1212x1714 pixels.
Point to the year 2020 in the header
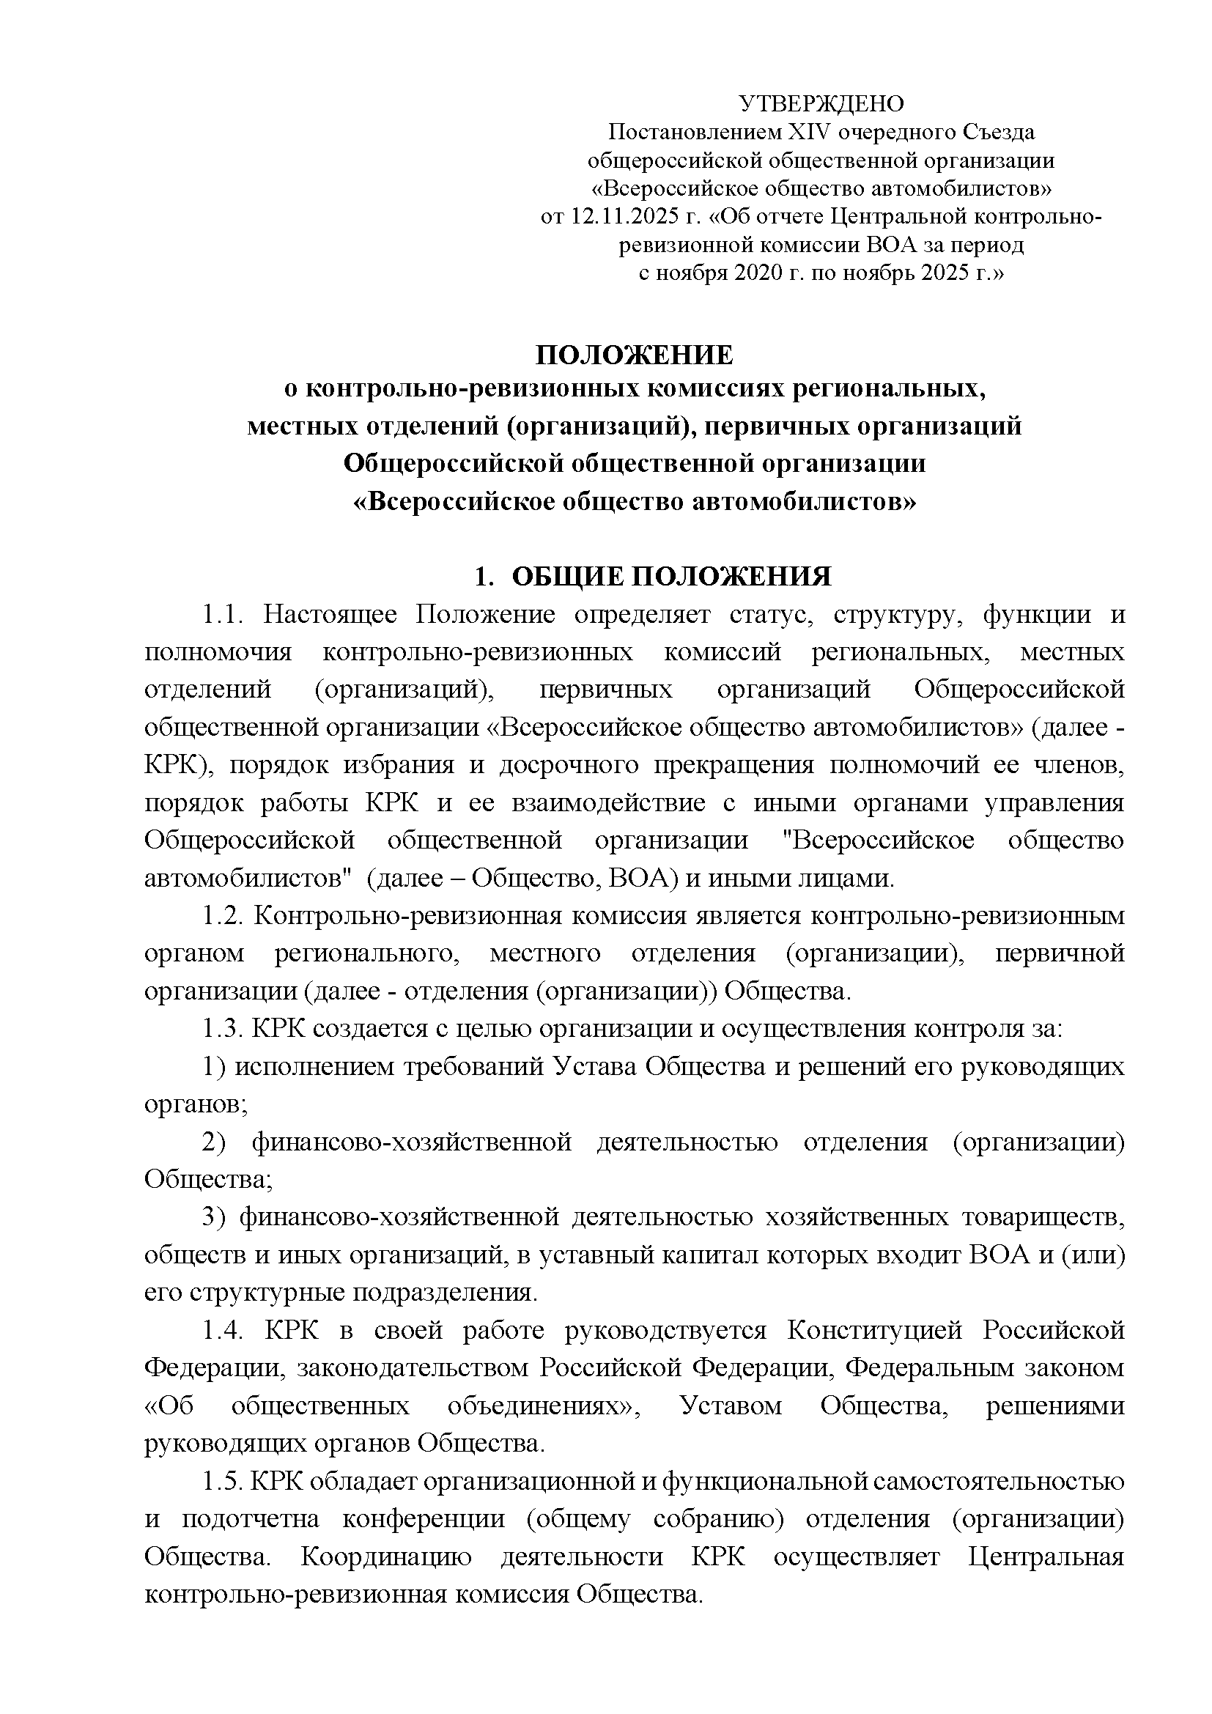point(760,273)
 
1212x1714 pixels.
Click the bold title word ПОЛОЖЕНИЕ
point(635,355)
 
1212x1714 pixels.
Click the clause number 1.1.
point(223,615)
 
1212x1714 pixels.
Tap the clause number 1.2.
point(223,916)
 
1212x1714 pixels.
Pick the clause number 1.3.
point(223,1029)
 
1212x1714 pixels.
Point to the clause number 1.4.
point(223,1330)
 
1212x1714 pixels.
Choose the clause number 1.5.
point(223,1481)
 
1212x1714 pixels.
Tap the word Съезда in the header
point(992,132)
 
